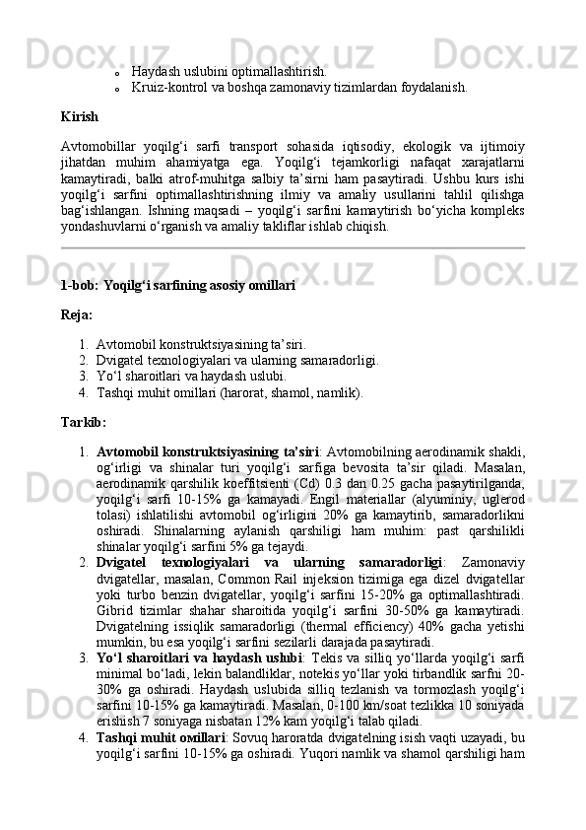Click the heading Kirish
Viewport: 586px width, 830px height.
78,116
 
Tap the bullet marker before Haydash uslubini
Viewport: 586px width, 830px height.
116,72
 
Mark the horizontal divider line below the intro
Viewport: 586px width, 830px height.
293,249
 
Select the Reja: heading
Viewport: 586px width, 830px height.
77,315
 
